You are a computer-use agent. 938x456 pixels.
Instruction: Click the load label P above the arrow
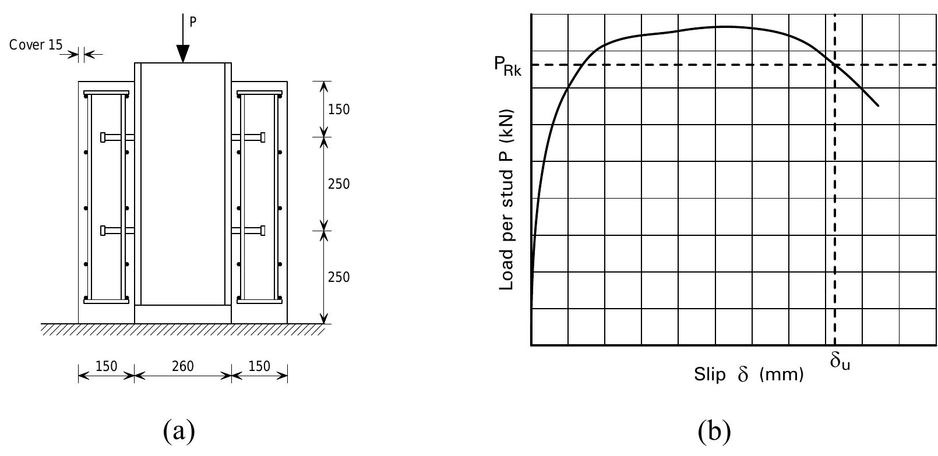[x=193, y=22]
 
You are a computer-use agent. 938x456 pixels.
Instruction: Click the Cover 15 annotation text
[x=36, y=45]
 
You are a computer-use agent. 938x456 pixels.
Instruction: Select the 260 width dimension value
[x=183, y=366]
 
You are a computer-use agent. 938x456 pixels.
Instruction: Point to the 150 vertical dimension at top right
[x=338, y=109]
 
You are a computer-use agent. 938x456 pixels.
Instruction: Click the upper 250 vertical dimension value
[x=338, y=184]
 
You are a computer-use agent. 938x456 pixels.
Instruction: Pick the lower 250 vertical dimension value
[x=338, y=277]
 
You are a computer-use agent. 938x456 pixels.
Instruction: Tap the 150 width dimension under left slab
[x=107, y=366]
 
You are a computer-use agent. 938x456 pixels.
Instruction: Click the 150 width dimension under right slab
[x=260, y=366]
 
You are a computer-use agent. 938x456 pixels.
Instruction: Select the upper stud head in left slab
[x=103, y=137]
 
